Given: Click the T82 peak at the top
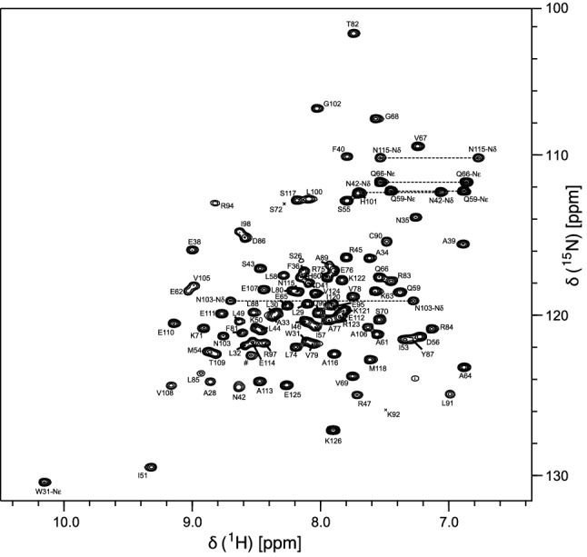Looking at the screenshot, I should [x=354, y=34].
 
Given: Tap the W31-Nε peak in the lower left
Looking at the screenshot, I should [x=45, y=482].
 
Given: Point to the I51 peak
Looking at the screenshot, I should [x=151, y=467].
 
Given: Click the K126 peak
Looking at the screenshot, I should [x=333, y=430].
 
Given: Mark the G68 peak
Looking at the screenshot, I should [x=376, y=119].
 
